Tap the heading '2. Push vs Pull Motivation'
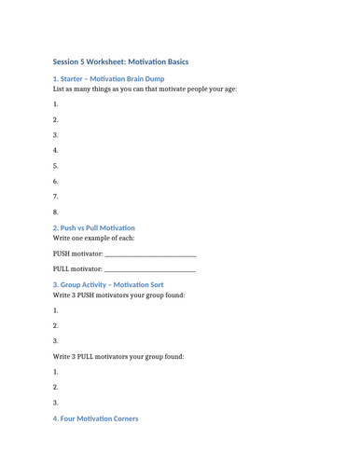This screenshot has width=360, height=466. click(94, 227)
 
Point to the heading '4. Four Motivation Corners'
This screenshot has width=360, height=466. click(95, 418)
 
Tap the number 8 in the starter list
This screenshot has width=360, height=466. click(56, 212)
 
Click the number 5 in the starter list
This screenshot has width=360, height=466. click(56, 166)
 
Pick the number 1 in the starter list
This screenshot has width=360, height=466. click(56, 104)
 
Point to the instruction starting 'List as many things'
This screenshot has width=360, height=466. click(145, 89)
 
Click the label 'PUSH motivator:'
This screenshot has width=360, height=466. click(77, 254)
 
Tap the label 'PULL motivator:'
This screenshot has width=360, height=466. click(77, 269)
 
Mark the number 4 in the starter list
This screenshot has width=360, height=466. click(56, 150)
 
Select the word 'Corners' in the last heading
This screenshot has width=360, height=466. click(123, 418)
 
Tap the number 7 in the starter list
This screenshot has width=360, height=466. click(56, 197)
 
